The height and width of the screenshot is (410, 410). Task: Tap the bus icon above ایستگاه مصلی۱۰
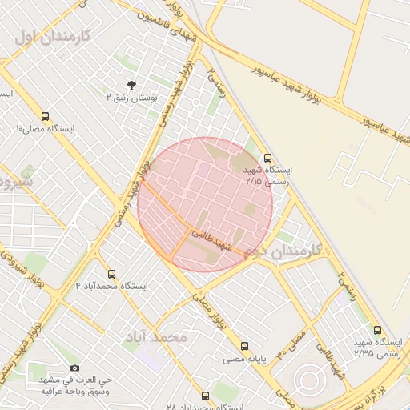point(44,116)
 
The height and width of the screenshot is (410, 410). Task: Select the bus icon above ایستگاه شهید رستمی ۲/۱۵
point(267,158)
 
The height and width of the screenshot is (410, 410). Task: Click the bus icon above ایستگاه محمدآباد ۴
point(111,274)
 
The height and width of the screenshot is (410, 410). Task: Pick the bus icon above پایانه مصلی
point(244,346)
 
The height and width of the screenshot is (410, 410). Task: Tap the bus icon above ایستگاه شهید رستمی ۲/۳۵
point(377,330)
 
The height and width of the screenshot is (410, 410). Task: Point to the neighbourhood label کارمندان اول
point(54,36)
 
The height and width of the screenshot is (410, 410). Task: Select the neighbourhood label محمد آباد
point(155,337)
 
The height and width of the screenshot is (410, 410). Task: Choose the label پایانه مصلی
point(244,359)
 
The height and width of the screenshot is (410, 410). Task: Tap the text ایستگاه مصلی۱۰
point(44,129)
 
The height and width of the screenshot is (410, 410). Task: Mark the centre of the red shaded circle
point(205,204)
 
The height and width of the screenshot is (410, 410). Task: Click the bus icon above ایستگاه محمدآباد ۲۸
point(206,396)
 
